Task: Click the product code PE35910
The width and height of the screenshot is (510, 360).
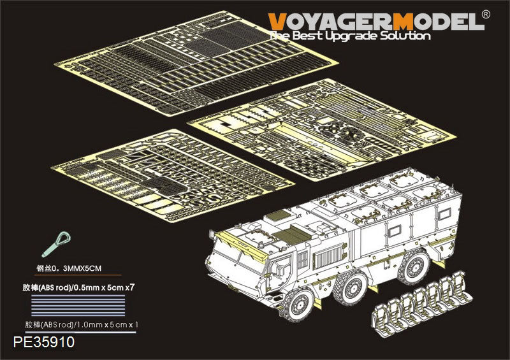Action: click(44, 342)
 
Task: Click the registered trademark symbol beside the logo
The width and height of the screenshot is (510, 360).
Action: click(485, 15)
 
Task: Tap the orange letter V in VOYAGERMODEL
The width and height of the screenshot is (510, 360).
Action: click(278, 22)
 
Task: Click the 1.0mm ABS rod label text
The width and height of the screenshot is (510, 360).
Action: click(82, 324)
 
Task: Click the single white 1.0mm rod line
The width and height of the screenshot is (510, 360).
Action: click(84, 333)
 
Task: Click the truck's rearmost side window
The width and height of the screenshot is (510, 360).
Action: click(444, 213)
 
